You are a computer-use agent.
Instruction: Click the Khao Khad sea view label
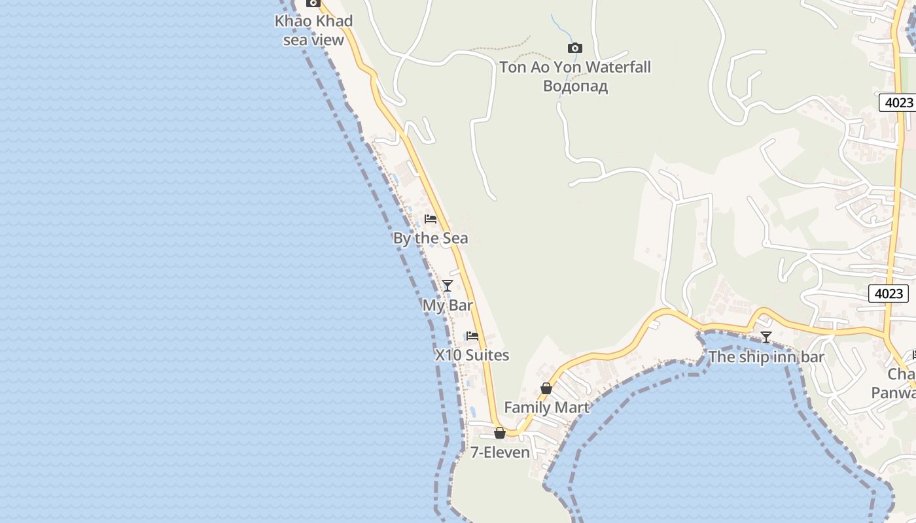[313, 30]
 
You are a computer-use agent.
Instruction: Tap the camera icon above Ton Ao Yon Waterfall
[574, 48]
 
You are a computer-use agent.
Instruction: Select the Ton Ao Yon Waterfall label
[574, 67]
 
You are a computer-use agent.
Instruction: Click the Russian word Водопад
[575, 86]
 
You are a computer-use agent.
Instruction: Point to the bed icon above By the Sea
[430, 219]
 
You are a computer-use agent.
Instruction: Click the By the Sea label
[431, 238]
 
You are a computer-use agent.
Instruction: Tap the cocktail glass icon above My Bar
[448, 286]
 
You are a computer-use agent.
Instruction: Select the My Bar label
[448, 305]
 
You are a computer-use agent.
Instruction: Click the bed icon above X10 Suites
[472, 336]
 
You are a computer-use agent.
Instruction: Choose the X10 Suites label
[472, 355]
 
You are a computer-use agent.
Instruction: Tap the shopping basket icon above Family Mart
[546, 389]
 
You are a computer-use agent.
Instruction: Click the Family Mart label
[546, 407]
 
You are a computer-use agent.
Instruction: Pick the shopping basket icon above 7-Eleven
[500, 433]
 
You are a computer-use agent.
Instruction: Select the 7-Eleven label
[500, 452]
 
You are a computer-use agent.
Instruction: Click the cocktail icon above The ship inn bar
[766, 337]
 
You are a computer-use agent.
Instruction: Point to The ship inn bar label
[766, 357]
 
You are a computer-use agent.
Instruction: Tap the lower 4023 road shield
[889, 294]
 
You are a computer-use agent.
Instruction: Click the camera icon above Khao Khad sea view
[313, 3]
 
